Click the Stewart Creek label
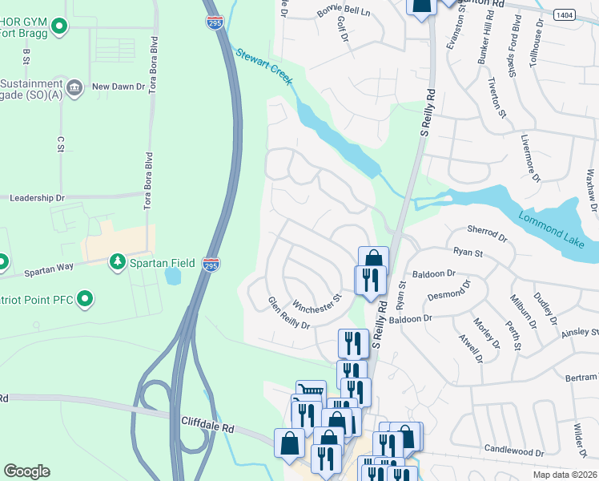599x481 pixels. coord(264,68)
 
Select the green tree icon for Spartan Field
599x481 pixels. coord(118,261)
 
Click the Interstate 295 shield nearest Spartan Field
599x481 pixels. coord(210,265)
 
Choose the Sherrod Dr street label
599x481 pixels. coord(487,233)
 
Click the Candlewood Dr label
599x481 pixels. coord(514,452)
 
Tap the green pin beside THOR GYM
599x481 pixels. coord(59,28)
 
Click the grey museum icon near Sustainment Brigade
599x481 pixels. coord(74,87)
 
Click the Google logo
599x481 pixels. coord(27,471)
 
